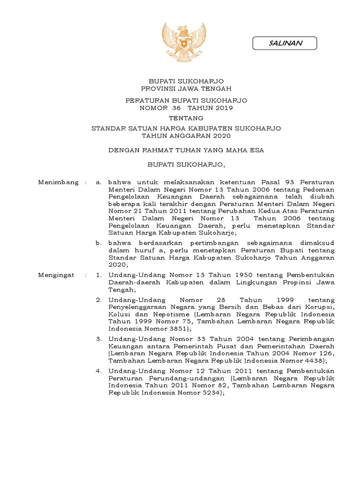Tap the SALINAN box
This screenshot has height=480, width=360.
click(285, 44)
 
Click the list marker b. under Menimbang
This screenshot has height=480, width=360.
click(98, 243)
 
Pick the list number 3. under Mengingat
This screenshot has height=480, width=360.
click(98, 338)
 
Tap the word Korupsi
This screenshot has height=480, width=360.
click(321, 307)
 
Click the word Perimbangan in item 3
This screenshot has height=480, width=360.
click(310, 338)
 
